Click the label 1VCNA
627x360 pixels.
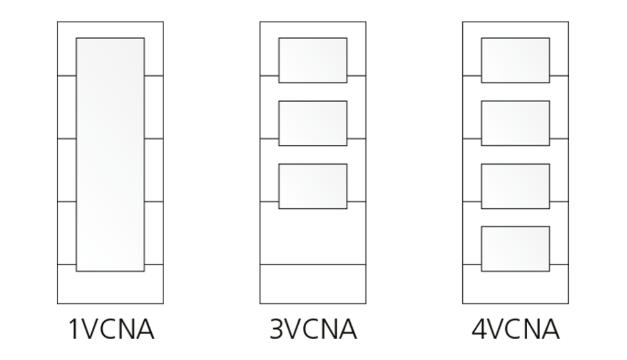111,329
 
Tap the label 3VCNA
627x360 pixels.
313,329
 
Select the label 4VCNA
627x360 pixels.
516,329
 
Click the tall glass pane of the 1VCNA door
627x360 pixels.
110,154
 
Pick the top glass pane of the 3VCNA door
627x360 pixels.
313,61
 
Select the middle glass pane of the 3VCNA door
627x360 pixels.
313,123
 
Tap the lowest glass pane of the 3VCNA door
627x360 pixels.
313,186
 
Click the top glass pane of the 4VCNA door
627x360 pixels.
516,61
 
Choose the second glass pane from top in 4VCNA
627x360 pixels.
516,123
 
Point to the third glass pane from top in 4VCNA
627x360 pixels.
516,186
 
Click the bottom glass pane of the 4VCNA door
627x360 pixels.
516,249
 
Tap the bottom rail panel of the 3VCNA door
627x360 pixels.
313,284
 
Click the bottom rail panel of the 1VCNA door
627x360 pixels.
110,288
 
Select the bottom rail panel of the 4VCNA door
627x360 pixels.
516,288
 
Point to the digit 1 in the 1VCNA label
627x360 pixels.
74,329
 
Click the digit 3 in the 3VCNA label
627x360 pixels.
277,329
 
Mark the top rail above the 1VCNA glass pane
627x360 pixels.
110,29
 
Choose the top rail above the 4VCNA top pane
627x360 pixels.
516,29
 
